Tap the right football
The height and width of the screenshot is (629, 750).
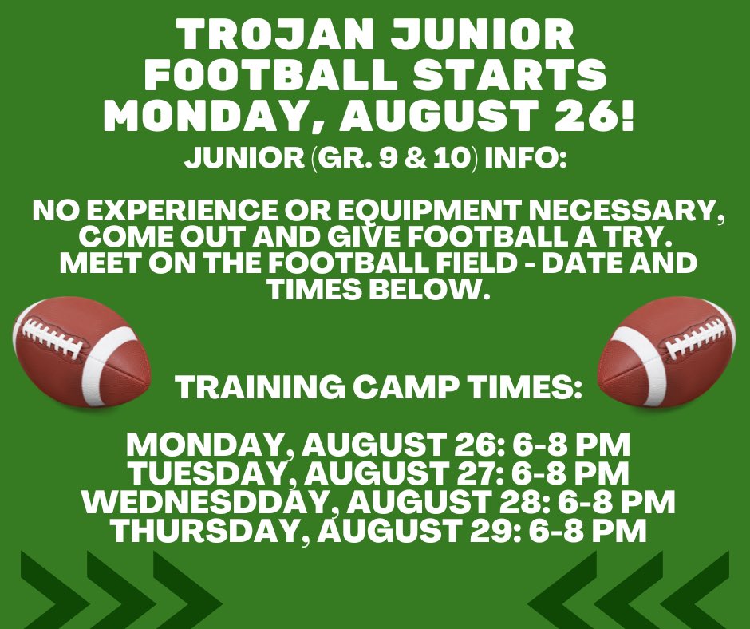pos(666,351)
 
